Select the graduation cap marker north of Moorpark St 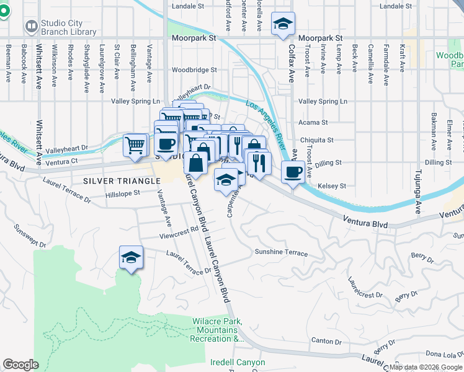pos(283,25)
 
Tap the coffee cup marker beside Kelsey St pos(292,172)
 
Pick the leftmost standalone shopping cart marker pos(135,145)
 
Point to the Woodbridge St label pos(194,70)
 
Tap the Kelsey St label pos(331,186)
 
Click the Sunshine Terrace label pos(281,252)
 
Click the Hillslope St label pos(123,193)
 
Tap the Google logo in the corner pos(20,365)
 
